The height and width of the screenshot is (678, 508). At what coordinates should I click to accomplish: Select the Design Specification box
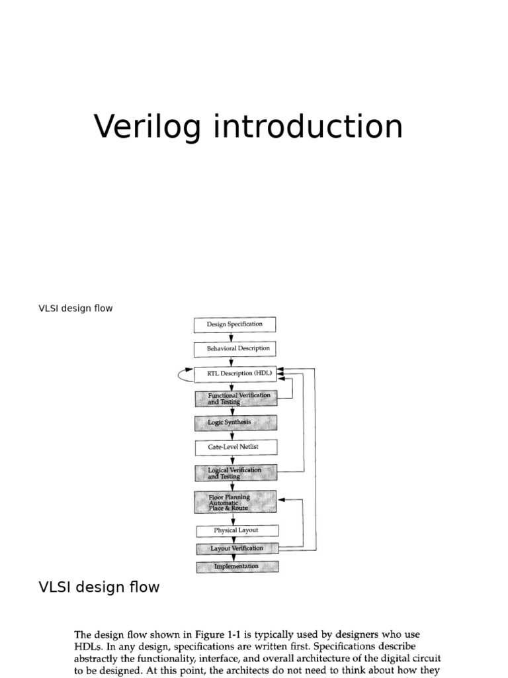tap(234, 324)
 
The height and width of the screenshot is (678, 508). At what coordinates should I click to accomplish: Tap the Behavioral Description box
tap(234, 348)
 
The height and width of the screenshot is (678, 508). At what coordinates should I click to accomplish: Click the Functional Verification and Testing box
tap(235, 398)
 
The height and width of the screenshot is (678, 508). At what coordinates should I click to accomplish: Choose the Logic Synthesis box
tap(235, 422)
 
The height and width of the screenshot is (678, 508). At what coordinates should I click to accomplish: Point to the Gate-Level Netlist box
tap(235, 447)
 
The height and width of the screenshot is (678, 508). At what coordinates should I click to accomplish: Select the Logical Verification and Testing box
tap(236, 473)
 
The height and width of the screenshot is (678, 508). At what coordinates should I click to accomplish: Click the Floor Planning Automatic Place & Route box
tap(236, 501)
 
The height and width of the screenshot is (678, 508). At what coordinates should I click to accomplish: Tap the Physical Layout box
tap(237, 530)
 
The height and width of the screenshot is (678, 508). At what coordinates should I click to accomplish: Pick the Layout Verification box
tap(237, 548)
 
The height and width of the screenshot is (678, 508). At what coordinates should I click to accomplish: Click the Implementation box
tap(237, 567)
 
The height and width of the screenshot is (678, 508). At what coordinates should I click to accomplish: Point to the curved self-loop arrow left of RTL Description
tap(183, 374)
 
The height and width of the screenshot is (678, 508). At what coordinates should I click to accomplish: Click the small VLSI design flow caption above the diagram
tap(75, 309)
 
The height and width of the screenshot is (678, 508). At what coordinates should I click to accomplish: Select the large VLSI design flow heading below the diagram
tap(99, 587)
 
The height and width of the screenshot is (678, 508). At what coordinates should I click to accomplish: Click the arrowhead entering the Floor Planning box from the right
tap(282, 501)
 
